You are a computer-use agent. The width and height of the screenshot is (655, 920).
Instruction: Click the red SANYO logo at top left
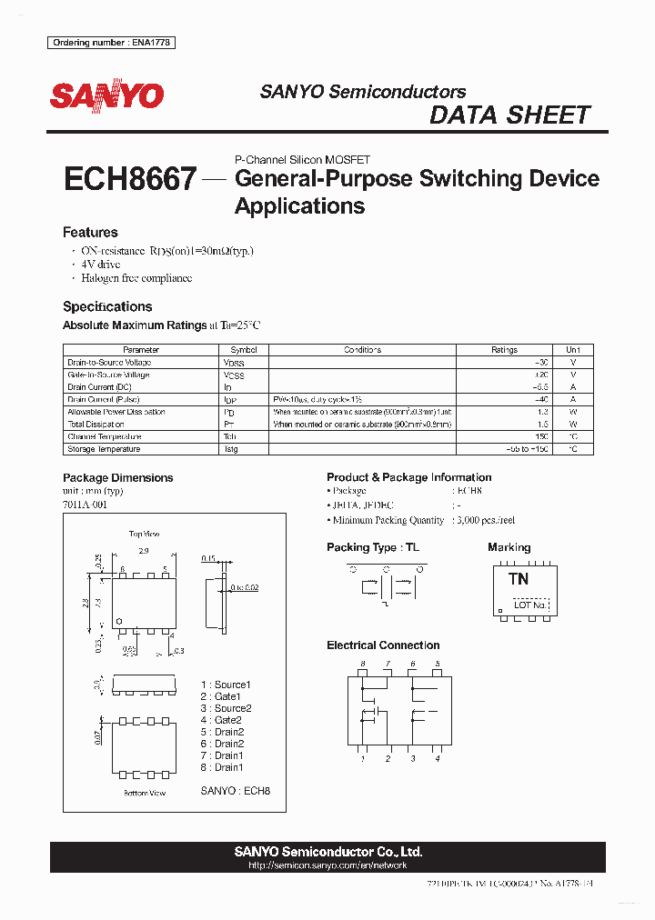point(106,95)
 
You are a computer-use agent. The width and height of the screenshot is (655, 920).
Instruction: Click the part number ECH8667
point(129,178)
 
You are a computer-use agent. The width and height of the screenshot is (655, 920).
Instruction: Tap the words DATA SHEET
point(509,115)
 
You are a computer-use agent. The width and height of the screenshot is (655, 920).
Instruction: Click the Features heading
point(90,233)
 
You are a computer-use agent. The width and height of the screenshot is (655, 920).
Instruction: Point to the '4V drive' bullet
point(102,264)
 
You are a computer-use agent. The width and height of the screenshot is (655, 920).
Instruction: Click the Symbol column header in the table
point(244,350)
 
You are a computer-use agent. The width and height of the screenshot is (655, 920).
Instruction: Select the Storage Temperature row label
point(104,449)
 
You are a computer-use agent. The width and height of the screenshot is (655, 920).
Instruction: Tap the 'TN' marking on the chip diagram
point(519,579)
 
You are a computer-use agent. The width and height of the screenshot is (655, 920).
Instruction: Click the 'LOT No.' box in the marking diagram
point(530,605)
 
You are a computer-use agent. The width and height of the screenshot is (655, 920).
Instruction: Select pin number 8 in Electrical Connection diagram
point(362,665)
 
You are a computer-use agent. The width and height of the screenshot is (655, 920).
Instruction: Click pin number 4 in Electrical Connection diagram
point(438,758)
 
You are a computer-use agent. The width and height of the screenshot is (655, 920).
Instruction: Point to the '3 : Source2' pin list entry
point(227,708)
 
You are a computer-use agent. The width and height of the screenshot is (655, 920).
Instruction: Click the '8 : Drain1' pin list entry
point(223,767)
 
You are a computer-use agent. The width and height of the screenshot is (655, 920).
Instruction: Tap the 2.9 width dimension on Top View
point(144,552)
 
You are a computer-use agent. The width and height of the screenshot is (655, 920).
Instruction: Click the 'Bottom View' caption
point(145,793)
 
